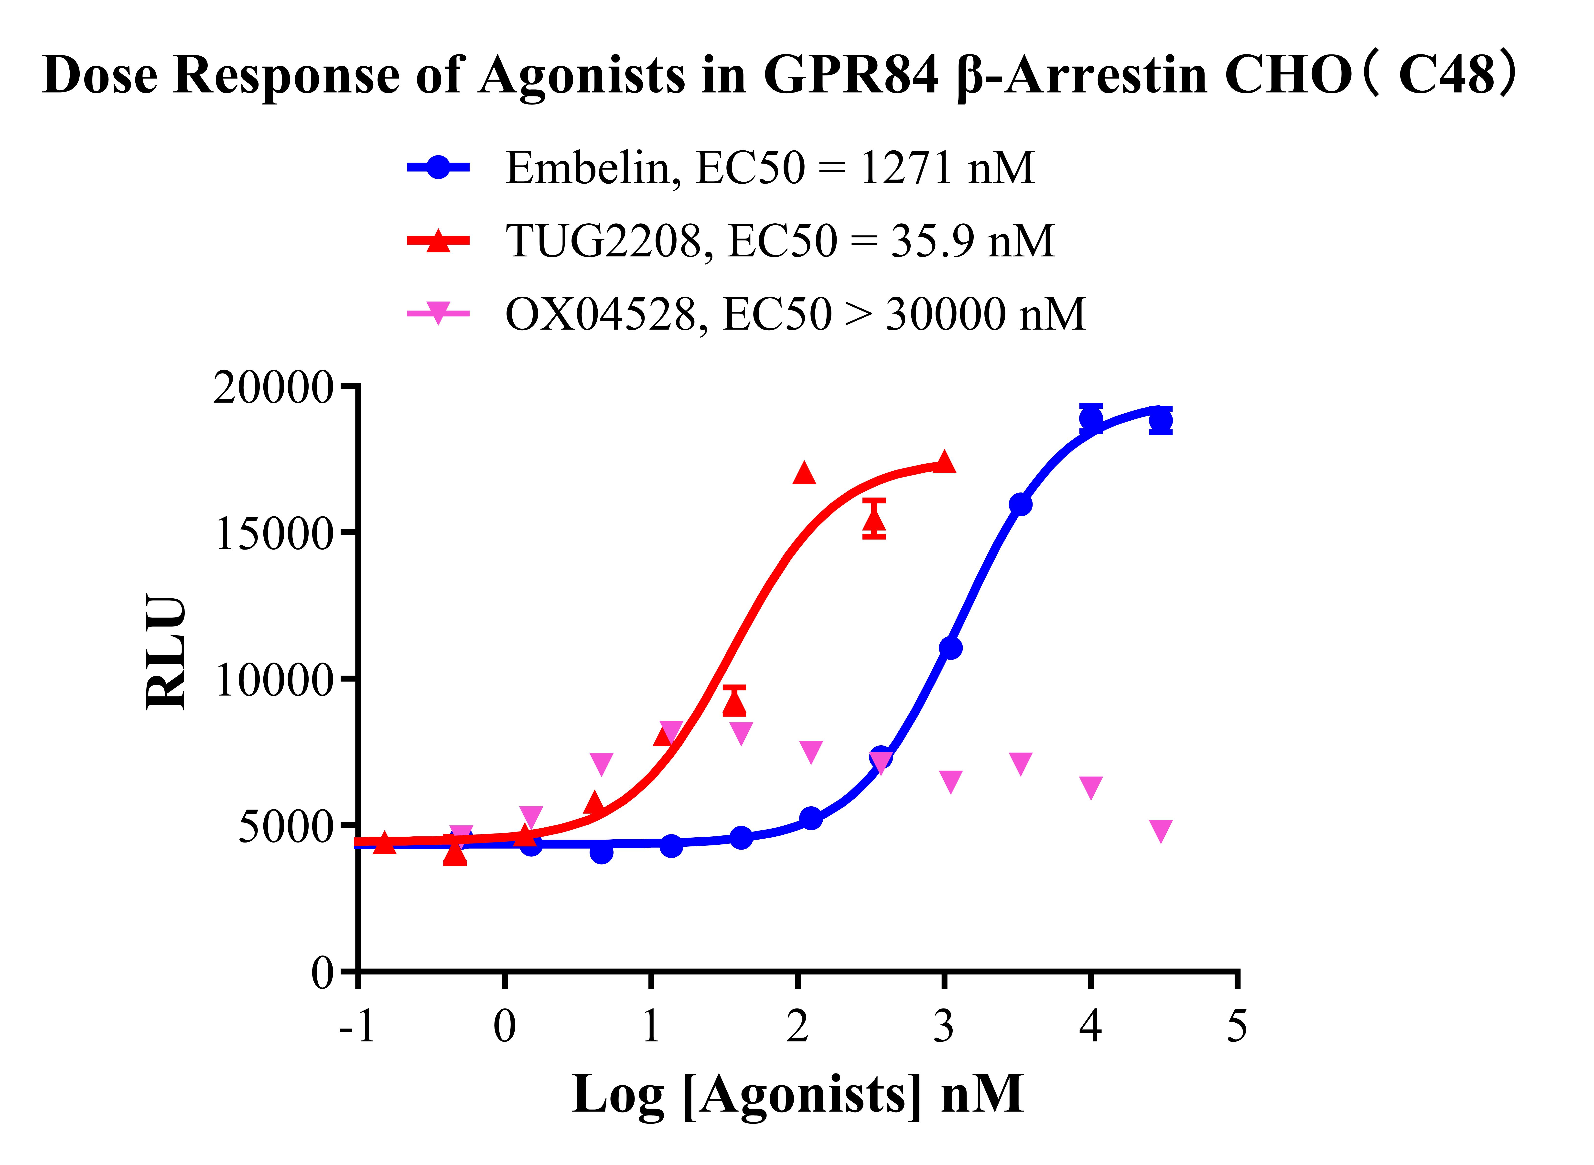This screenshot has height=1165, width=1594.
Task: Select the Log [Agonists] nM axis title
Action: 797,1094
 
